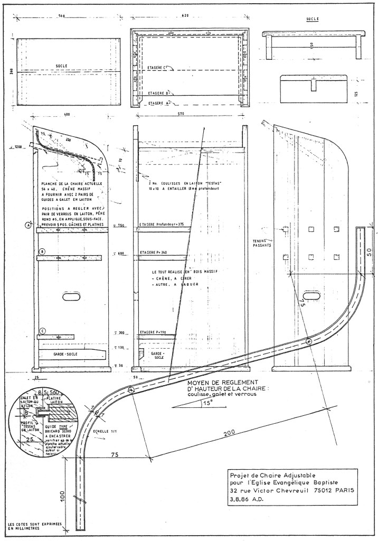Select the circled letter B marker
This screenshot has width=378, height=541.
coord(42,251)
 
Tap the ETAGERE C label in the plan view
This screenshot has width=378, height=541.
coord(157,68)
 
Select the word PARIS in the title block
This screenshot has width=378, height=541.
coord(343,489)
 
